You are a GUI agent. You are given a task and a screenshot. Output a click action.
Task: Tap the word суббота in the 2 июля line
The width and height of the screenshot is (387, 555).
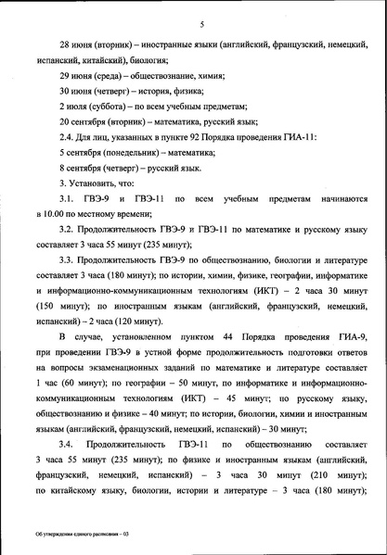click(110, 107)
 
